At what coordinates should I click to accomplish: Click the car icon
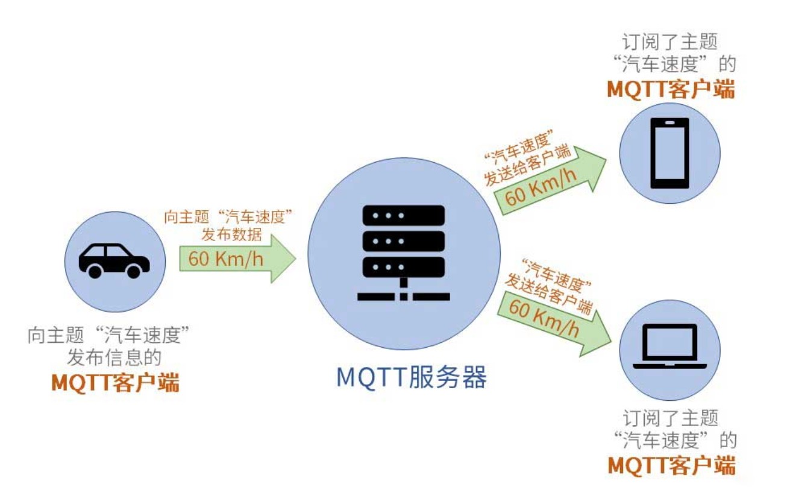tap(114, 260)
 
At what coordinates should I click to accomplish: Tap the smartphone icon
tap(669, 153)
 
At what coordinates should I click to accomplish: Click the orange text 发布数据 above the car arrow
tap(231, 233)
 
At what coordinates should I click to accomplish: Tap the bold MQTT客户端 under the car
tap(115, 383)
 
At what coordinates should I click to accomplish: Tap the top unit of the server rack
tap(403, 215)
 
